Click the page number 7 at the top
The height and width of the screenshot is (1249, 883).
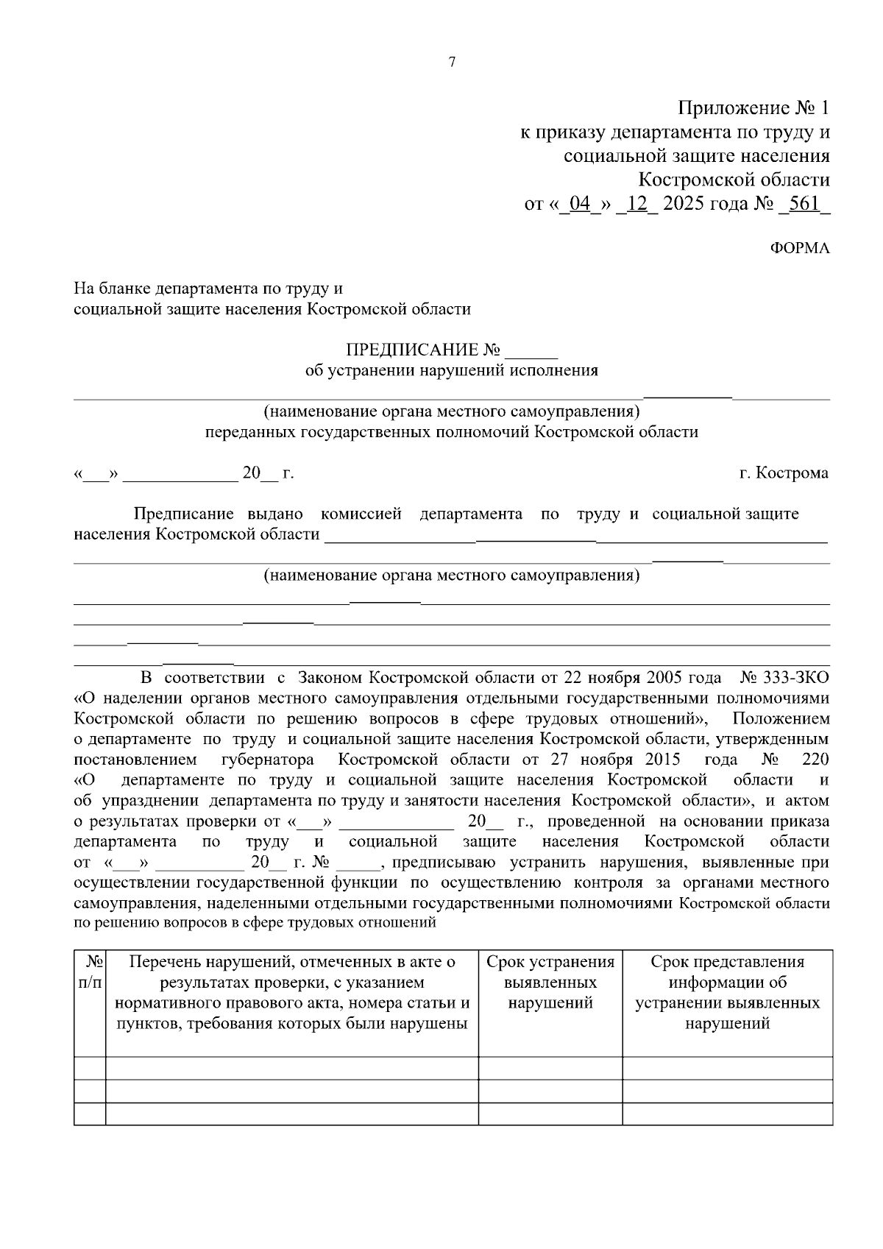452,63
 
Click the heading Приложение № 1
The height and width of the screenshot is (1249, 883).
753,109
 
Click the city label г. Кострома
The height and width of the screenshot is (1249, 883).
783,473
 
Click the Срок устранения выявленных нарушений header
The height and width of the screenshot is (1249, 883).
550,983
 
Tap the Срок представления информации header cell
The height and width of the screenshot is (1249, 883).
727,992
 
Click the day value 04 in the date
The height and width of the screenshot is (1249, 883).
580,203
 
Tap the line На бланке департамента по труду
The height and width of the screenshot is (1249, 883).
208,289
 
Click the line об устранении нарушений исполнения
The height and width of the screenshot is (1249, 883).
451,370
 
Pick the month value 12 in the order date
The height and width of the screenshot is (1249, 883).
636,203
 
